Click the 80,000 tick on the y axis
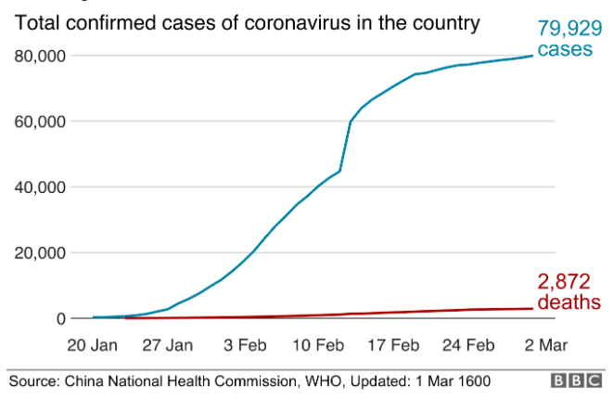point(40,56)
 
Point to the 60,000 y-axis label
point(40,122)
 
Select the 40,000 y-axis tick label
point(40,187)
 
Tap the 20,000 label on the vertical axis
point(40,253)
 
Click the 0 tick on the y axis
point(60,319)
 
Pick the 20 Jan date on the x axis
point(93,345)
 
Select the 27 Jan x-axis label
point(169,345)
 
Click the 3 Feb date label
point(246,345)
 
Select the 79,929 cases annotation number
point(565,28)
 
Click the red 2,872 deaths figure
point(565,282)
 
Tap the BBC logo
point(576,380)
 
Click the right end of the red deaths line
point(532,308)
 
